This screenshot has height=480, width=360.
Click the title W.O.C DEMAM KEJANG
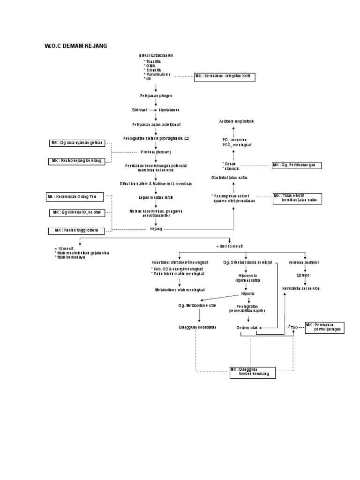(76, 45)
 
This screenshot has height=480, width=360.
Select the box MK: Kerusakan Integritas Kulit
(225, 77)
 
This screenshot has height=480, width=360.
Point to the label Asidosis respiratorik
(236, 121)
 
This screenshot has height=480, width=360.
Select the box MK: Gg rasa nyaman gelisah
(76, 142)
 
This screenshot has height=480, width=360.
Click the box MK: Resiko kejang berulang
(76, 161)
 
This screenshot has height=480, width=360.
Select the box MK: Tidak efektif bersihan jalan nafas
(297, 198)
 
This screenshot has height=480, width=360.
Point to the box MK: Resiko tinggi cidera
(76, 231)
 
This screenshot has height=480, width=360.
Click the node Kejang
(156, 229)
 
